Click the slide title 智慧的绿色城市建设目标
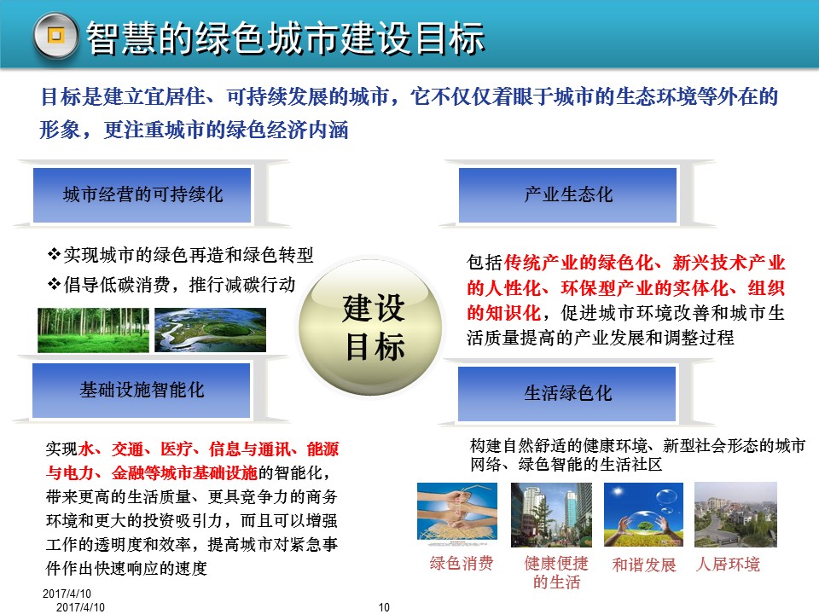coord(286,38)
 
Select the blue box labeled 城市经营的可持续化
coord(142,195)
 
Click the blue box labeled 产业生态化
coord(568,195)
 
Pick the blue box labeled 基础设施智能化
coord(142,391)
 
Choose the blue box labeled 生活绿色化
coord(568,393)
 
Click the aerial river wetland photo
coord(198,330)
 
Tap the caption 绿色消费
coord(462,564)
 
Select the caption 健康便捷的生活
coord(556,573)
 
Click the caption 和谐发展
coord(644,565)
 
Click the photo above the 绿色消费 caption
coord(457,514)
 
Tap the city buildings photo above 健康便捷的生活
coord(551,514)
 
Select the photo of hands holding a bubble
coord(643,514)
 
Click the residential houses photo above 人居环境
coord(735,514)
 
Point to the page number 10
coord(383,607)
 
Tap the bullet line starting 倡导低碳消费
coord(171,283)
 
